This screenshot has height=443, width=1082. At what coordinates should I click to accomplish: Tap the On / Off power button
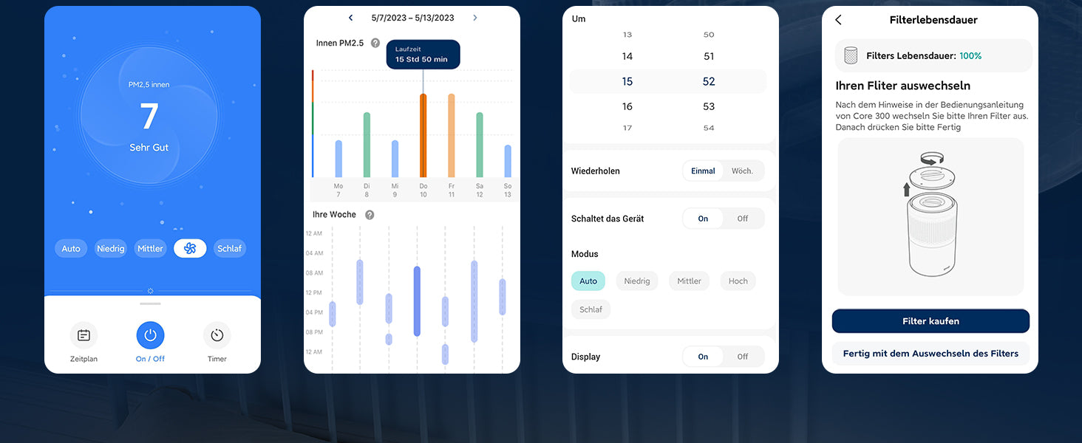click(150, 336)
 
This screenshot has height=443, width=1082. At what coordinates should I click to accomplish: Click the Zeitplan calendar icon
click(84, 336)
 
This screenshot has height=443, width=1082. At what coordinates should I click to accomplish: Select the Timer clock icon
click(217, 336)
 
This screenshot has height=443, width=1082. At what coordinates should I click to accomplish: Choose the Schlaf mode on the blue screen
click(229, 249)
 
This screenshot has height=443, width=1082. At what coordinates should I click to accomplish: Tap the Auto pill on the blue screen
click(71, 249)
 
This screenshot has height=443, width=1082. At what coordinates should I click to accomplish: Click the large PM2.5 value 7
click(149, 117)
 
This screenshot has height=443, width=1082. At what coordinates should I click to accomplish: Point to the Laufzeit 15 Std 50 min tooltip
click(423, 54)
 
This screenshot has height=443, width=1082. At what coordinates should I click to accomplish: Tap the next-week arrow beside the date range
click(474, 18)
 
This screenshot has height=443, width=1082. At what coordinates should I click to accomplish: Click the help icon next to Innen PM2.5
click(375, 44)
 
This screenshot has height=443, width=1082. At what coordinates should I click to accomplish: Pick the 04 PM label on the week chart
click(314, 312)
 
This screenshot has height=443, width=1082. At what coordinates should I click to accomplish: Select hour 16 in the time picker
click(627, 106)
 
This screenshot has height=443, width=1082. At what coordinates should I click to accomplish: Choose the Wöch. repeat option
click(742, 171)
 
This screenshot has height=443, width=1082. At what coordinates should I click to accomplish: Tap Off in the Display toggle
click(742, 357)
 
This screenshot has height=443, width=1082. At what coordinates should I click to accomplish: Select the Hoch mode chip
click(738, 281)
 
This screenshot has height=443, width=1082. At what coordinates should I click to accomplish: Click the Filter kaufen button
click(930, 321)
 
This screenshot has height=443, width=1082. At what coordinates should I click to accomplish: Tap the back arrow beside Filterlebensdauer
click(838, 20)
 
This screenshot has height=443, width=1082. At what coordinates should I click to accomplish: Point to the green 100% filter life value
click(970, 56)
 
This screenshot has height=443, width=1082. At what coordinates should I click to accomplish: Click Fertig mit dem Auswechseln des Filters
click(930, 354)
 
